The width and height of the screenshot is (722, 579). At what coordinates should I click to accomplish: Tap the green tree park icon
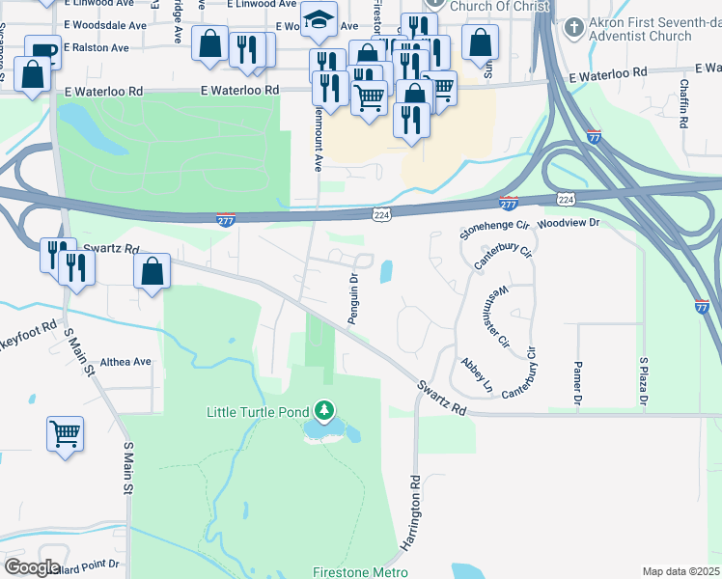(325, 411)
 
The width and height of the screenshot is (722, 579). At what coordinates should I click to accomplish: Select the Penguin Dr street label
(353, 299)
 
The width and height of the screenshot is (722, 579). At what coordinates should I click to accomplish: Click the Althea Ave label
(126, 362)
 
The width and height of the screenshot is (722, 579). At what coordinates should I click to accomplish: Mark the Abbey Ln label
(477, 374)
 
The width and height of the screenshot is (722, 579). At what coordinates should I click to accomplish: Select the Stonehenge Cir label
(495, 229)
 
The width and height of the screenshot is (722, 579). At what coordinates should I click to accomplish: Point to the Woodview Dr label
(569, 222)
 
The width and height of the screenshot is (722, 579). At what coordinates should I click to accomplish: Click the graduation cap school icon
(317, 21)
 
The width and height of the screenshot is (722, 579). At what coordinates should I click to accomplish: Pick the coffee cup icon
(42, 50)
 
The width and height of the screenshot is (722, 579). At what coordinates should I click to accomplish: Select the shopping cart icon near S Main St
(65, 433)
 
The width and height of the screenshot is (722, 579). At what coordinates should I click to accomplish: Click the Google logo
(31, 567)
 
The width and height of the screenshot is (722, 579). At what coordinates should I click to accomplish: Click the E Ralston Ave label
(96, 47)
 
